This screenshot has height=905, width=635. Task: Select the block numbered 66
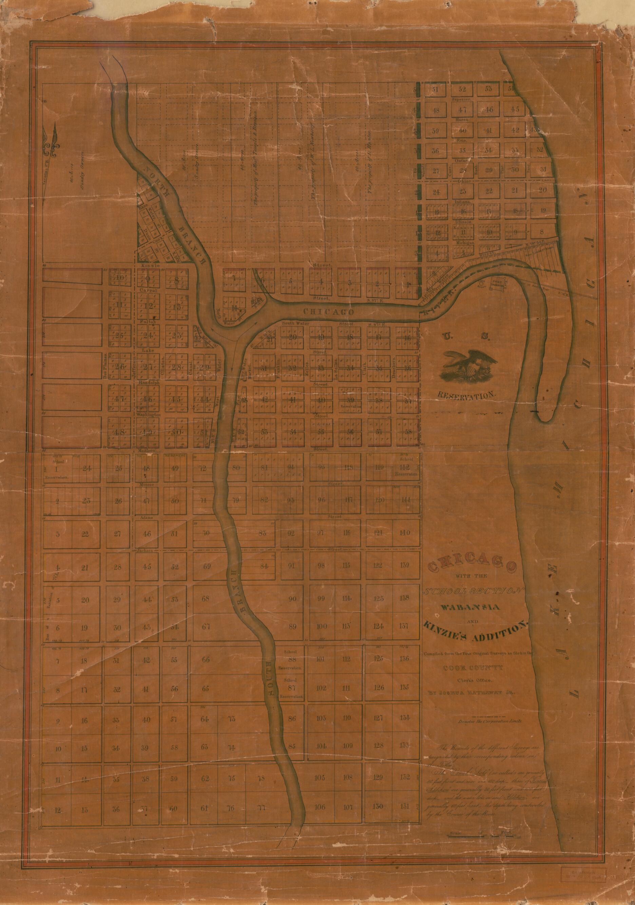206,660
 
